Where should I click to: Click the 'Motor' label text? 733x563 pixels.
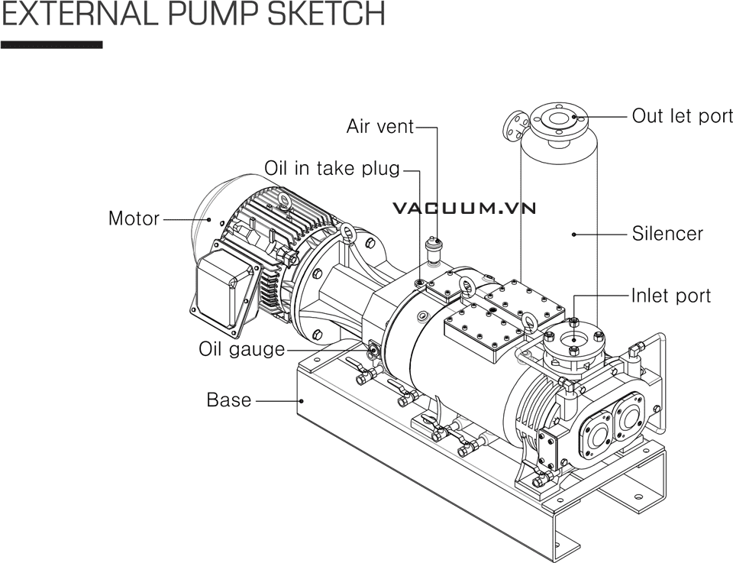[x=134, y=218]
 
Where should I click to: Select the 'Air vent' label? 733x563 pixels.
[x=379, y=126]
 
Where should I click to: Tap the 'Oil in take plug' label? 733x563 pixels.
[x=332, y=168]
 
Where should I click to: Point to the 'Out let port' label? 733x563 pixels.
[x=682, y=116]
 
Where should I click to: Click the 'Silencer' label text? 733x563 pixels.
[x=667, y=234]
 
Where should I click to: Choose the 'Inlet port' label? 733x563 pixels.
[x=670, y=296]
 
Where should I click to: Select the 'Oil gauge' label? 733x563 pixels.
[x=241, y=349]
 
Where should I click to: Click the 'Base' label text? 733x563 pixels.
[x=228, y=400]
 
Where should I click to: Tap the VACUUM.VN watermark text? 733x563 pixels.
[x=465, y=207]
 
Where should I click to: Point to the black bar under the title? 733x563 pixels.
[x=51, y=45]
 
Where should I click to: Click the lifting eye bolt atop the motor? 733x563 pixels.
[x=286, y=200]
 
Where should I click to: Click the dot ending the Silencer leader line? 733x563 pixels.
[x=574, y=234]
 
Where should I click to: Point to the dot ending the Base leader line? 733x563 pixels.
[x=302, y=400]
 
